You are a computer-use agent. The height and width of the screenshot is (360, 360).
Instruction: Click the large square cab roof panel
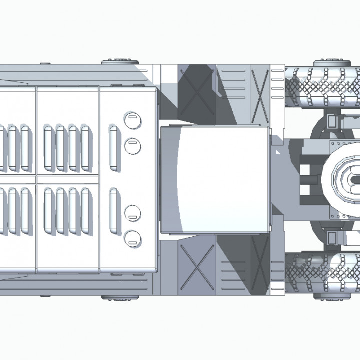[215, 179]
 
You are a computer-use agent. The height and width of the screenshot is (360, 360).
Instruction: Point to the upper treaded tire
[324, 87]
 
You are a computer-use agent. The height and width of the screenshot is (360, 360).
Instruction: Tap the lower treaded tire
[324, 273]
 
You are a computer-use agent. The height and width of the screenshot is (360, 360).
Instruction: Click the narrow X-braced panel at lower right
[260, 265]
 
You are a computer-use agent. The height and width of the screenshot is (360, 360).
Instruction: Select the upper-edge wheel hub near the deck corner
[116, 62]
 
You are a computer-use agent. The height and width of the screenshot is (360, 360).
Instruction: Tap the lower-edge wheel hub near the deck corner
[116, 297]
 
